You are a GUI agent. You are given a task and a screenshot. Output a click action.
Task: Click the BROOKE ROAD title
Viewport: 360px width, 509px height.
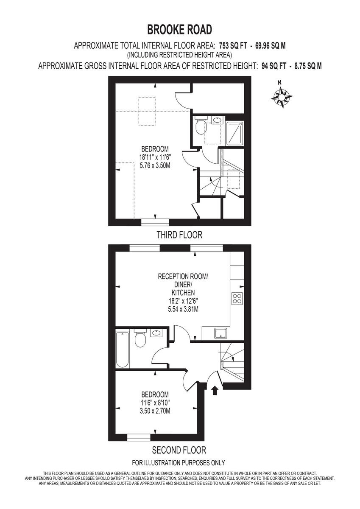tap(179, 30)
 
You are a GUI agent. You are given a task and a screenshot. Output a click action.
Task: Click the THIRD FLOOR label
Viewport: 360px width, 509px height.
tap(179, 235)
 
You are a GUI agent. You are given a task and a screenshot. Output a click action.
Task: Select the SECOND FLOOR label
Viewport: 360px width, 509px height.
tap(179, 450)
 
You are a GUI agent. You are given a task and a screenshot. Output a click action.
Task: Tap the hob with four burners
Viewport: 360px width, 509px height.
tap(237, 298)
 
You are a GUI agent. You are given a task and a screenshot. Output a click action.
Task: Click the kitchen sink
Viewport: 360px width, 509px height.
tap(220, 334)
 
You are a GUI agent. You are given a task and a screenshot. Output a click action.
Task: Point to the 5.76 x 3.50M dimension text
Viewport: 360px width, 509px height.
tap(155, 165)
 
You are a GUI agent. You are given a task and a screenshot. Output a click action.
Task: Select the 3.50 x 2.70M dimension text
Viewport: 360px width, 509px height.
tap(155, 411)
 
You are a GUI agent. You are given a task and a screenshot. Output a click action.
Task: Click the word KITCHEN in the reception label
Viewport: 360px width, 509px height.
tap(183, 293)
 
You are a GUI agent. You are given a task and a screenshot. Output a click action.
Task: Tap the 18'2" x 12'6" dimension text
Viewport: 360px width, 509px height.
tap(183, 301)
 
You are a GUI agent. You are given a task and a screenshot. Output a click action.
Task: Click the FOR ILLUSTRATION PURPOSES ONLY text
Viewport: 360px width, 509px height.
tap(179, 463)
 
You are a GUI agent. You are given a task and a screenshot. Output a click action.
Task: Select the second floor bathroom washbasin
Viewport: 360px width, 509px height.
tap(156, 333)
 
